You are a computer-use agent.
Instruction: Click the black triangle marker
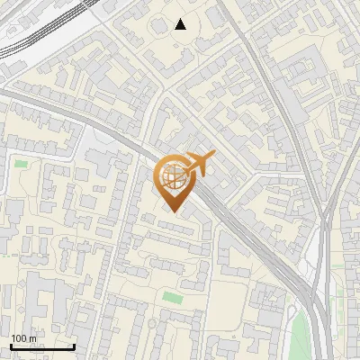[x=181, y=24]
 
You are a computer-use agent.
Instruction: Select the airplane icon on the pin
[x=199, y=164]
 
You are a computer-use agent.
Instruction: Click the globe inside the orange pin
[x=174, y=177]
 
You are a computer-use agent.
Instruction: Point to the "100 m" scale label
[x=24, y=338]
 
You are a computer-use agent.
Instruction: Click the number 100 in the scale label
[x=20, y=338]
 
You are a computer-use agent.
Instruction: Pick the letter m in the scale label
[x=33, y=338]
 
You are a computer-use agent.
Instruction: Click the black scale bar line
[x=42, y=347]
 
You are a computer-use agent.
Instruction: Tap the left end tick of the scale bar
[x=11, y=346]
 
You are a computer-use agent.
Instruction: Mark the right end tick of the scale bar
[x=74, y=346]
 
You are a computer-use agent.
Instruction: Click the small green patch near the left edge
[x=20, y=164]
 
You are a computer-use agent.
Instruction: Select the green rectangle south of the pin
[x=172, y=296]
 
